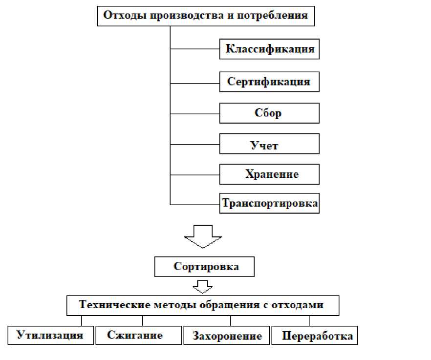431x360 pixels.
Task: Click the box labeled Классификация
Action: (x=269, y=49)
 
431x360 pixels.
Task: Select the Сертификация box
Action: (x=269, y=82)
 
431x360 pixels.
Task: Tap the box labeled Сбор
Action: (x=269, y=113)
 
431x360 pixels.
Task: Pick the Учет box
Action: (x=269, y=145)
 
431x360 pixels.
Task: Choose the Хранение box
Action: (x=269, y=174)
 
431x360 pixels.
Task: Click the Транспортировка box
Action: (x=270, y=203)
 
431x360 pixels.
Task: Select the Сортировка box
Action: (x=204, y=267)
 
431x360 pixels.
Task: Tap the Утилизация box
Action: (x=51, y=335)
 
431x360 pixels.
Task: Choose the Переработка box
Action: (x=314, y=336)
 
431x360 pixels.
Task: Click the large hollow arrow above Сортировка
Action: (x=203, y=236)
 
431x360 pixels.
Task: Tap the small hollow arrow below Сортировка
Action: (x=202, y=286)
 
